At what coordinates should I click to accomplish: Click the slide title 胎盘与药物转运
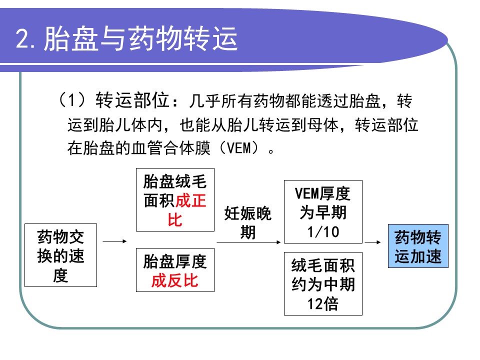[x=140, y=38]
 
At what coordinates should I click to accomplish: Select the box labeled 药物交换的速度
[x=60, y=255]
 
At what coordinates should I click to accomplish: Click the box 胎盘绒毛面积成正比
[x=175, y=200]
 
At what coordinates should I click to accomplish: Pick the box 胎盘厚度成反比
[x=175, y=270]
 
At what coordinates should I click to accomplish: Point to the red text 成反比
[x=175, y=280]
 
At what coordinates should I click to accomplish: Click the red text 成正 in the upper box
[x=190, y=200]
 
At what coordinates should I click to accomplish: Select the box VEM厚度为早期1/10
[x=323, y=212]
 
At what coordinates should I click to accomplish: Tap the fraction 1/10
[x=323, y=231]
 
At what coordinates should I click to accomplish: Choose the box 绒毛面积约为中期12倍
[x=323, y=284]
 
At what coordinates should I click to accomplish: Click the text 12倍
[x=323, y=304]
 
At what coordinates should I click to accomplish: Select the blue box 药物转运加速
[x=418, y=246]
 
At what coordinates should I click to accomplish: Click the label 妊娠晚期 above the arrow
[x=248, y=222]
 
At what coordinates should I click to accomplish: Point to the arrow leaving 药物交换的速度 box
[x=115, y=241]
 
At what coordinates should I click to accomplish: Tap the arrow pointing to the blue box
[x=373, y=242]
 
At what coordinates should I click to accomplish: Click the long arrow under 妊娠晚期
[x=248, y=242]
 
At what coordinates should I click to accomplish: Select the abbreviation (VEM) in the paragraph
[x=239, y=148]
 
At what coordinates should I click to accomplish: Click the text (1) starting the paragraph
[x=71, y=100]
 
